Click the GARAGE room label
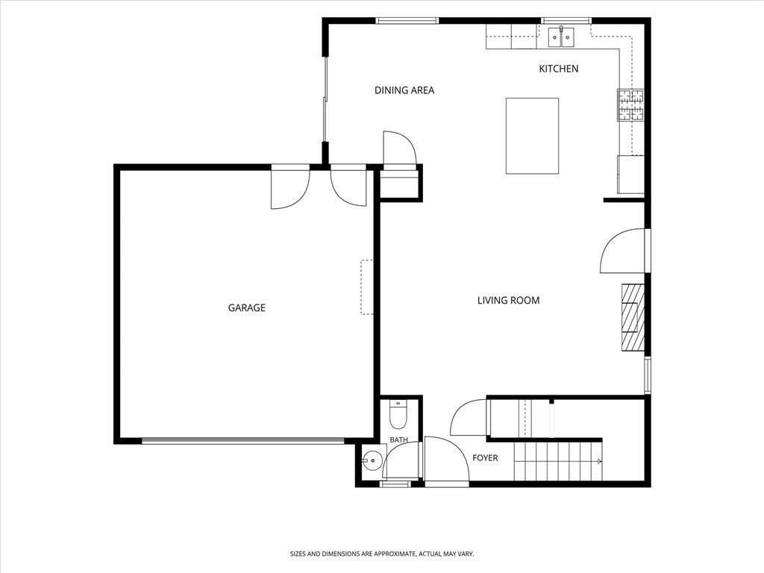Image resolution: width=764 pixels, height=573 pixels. [x=246, y=307]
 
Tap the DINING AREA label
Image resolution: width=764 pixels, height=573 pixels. [x=404, y=90]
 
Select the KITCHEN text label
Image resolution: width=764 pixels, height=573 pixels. [x=558, y=69]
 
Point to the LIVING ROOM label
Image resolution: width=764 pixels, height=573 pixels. [x=508, y=300]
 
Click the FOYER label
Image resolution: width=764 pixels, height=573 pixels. [x=485, y=458]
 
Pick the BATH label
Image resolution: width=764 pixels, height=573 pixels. [x=398, y=440]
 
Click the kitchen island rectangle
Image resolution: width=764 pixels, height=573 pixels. [x=532, y=136]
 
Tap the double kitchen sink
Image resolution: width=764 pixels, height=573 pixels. [x=561, y=37]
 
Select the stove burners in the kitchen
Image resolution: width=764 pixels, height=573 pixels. [x=631, y=104]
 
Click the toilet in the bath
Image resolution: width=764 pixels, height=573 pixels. [x=398, y=413]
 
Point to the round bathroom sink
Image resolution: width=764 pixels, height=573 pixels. [x=373, y=460]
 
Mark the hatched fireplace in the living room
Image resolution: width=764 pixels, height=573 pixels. [x=633, y=317]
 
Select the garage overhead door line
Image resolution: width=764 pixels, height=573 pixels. [x=242, y=441]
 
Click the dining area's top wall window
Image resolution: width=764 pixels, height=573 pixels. [x=407, y=21]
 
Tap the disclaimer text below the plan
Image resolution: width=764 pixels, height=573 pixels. [x=382, y=554]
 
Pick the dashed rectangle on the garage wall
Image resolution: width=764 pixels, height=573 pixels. [x=366, y=287]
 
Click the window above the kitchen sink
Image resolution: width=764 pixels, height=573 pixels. [x=566, y=21]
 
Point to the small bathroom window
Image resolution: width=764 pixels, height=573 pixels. [x=395, y=483]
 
